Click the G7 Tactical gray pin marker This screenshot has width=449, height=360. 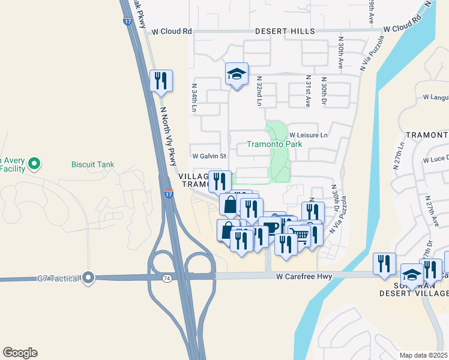(89, 277)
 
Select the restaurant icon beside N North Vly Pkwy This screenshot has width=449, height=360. (161, 80)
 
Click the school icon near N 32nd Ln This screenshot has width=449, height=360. (237, 74)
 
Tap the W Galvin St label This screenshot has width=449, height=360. (208, 156)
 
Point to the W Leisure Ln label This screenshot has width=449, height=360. (309, 136)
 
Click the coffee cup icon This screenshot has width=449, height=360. (270, 227)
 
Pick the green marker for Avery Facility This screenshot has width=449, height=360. (34, 163)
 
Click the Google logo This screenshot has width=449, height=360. (19, 353)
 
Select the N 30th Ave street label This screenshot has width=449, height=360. (340, 53)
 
